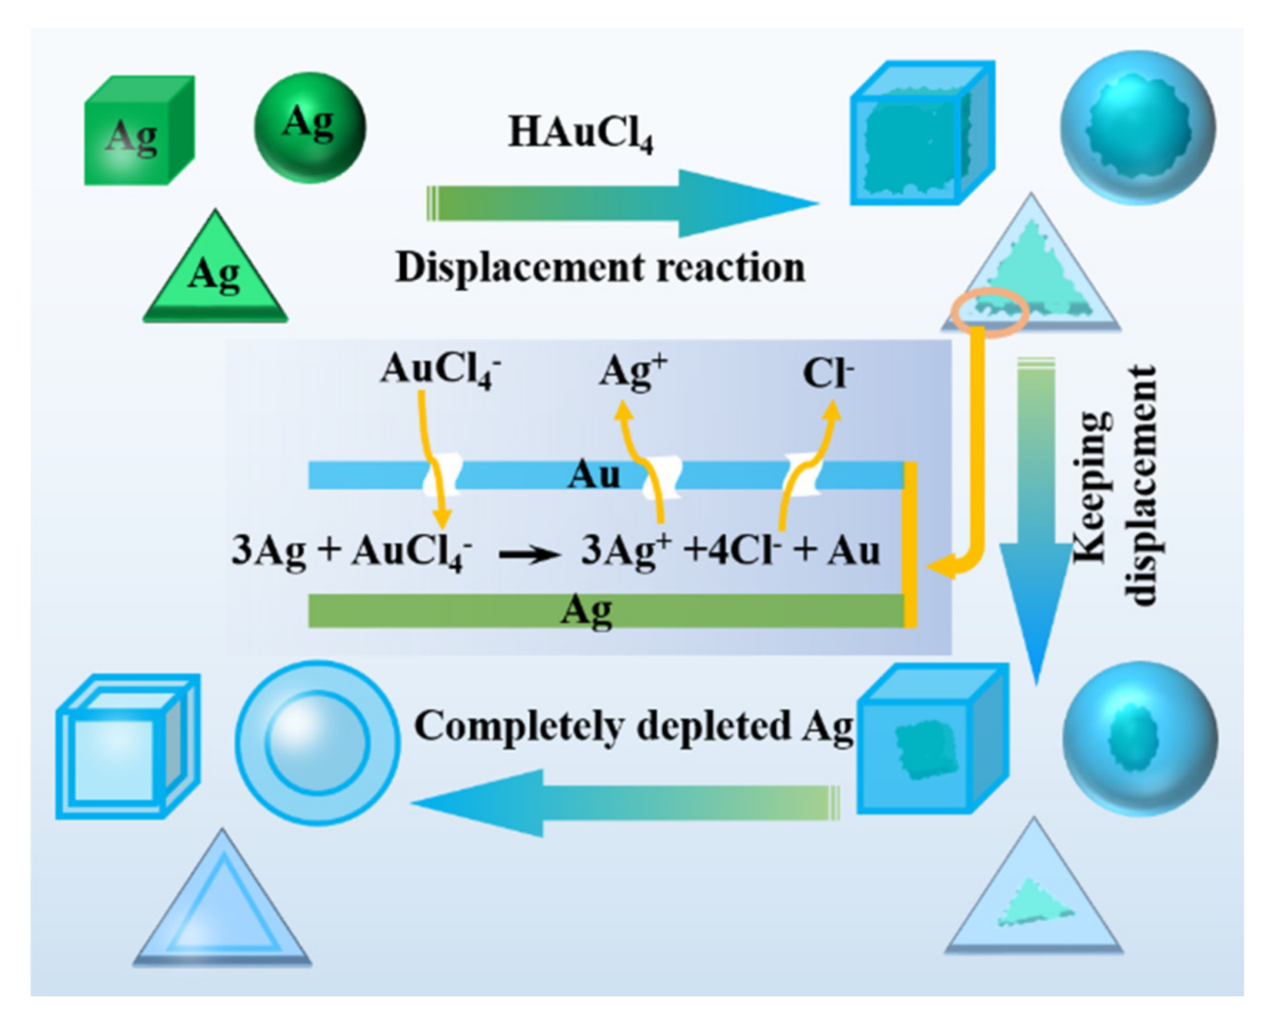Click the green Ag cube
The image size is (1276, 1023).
[138, 131]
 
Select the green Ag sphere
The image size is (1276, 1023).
[309, 127]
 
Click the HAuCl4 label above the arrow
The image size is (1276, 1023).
[580, 133]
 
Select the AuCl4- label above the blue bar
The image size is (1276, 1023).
[440, 369]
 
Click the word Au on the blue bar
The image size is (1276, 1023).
[594, 475]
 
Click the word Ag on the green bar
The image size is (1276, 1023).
[587, 611]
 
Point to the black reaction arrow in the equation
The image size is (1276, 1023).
[528, 554]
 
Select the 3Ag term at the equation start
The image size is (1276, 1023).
[268, 551]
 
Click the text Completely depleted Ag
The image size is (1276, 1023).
[633, 726]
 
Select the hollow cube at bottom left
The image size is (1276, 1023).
[127, 747]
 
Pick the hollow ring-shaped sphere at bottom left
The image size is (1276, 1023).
[317, 742]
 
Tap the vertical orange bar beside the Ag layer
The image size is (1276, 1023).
[911, 544]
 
